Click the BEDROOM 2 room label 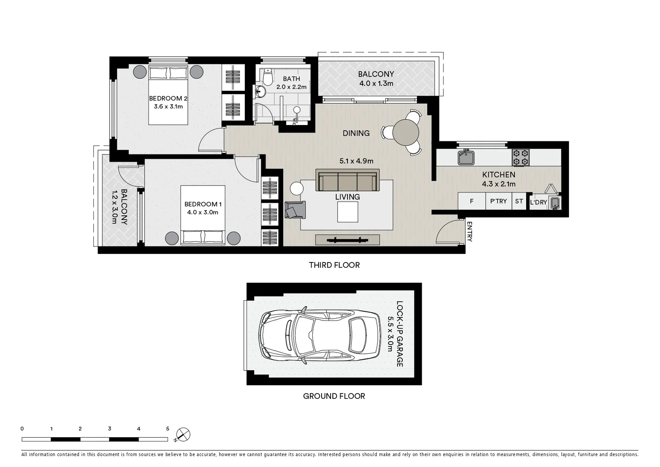click(x=168, y=98)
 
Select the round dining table click(x=406, y=131)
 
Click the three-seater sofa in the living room click(x=347, y=181)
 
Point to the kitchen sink click(x=466, y=157)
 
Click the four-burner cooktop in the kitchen click(x=521, y=157)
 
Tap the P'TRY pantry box click(x=499, y=202)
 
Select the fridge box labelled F click(x=471, y=202)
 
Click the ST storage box click(x=519, y=202)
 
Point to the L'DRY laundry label click(x=538, y=202)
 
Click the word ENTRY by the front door click(x=470, y=232)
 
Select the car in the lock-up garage click(x=319, y=334)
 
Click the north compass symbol click(x=183, y=434)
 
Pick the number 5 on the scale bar click(x=167, y=429)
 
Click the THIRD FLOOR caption click(x=334, y=265)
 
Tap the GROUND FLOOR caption click(x=334, y=396)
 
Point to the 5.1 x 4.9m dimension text click(x=356, y=161)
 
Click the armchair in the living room click(x=295, y=210)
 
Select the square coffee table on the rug click(x=347, y=212)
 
